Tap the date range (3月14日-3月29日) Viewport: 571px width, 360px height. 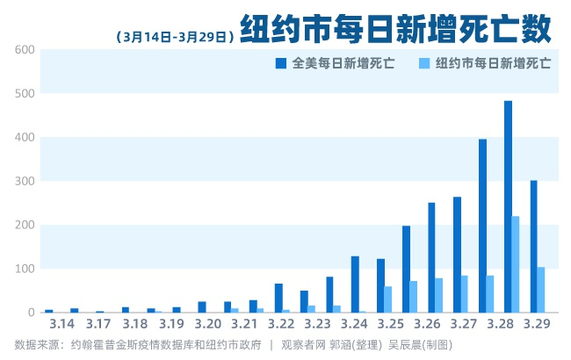(x=173, y=37)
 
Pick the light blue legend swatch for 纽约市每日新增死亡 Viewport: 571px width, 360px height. (x=424, y=63)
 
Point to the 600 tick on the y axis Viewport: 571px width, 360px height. (x=25, y=50)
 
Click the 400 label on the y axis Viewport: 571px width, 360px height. (x=25, y=138)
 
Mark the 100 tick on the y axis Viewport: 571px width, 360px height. (x=25, y=269)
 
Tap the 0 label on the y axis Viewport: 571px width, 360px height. (x=31, y=313)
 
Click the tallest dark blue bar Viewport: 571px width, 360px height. (x=508, y=206)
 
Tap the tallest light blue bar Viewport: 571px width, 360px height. (x=516, y=264)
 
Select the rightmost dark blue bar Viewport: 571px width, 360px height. (x=533, y=246)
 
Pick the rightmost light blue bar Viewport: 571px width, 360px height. (x=541, y=290)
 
